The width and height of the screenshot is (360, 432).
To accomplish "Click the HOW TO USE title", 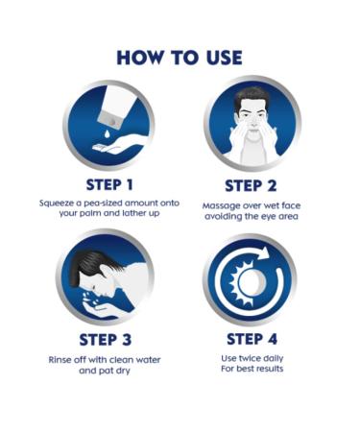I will pos(180,58).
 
